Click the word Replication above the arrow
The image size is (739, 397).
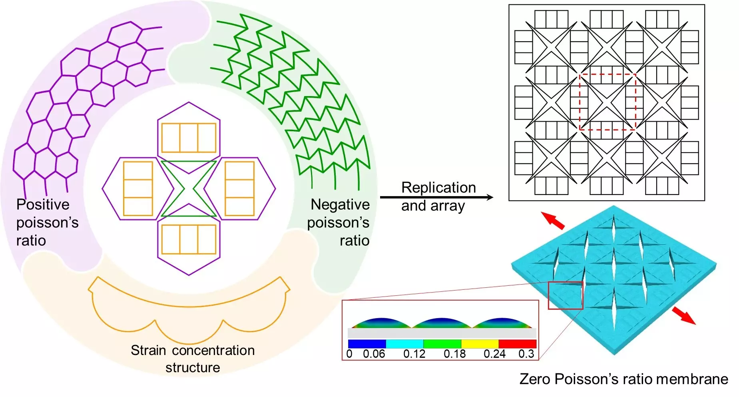click(438, 188)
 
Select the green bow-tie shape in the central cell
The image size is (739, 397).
click(189, 188)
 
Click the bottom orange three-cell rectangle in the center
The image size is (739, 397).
click(189, 239)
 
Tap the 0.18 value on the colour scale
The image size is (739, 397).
click(454, 354)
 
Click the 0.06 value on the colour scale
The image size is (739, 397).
click(374, 354)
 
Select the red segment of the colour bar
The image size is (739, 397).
click(517, 344)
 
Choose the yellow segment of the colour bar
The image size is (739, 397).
click(480, 344)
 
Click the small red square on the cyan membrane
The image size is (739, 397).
click(565, 295)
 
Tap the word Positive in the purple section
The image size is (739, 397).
click(43, 205)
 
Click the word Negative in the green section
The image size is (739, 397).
click(340, 205)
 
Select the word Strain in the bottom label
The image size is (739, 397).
click(148, 350)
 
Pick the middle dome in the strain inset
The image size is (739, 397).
click(442, 323)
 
